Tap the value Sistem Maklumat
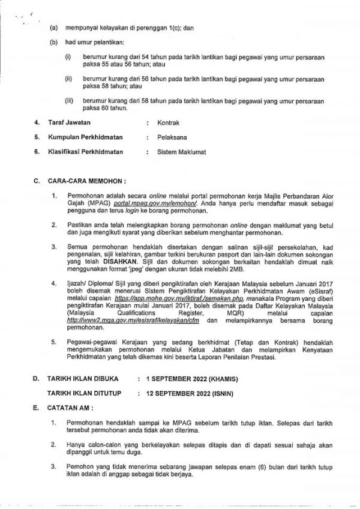[181, 152]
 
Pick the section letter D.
[36, 379]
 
